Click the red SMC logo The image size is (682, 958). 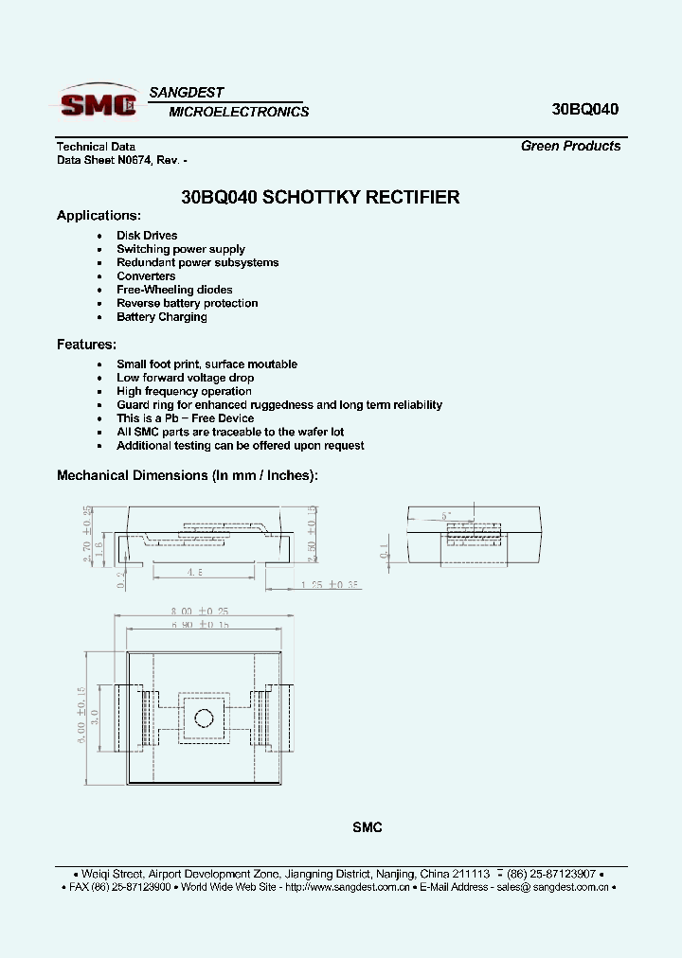click(98, 103)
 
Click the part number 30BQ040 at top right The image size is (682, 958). click(584, 109)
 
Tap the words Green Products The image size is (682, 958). click(570, 146)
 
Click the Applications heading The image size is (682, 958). click(99, 215)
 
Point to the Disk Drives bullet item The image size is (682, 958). click(147, 235)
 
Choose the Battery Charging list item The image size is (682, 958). click(161, 317)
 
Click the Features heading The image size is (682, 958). click(86, 344)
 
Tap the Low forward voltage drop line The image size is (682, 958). click(185, 378)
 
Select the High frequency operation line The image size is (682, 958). click(184, 391)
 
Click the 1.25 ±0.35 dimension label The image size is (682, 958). click(332, 586)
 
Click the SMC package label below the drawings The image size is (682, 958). click(367, 827)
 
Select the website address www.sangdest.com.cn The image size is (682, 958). click(347, 887)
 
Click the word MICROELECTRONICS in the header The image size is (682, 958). click(239, 112)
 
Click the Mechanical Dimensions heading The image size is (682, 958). click(188, 475)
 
